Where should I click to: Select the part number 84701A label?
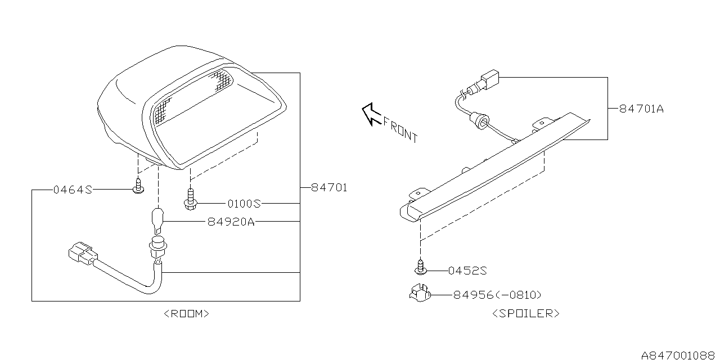click(x=641, y=109)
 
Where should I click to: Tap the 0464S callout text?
click(x=72, y=190)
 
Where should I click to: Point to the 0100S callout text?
click(x=245, y=203)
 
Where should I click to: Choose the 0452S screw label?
click(x=467, y=271)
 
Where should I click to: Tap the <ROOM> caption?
click(x=186, y=314)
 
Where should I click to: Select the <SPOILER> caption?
click(x=525, y=314)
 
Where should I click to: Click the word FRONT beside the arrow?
click(x=400, y=129)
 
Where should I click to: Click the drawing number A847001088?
click(x=679, y=354)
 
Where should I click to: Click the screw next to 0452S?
click(x=420, y=267)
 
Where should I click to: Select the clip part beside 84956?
click(x=420, y=294)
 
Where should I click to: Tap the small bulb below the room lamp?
click(x=158, y=220)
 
